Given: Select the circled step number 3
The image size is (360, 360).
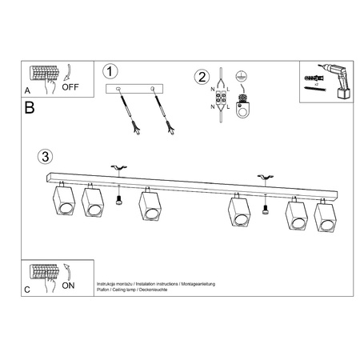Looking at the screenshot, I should click(x=46, y=155).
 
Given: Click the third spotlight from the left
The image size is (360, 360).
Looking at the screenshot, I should click(x=149, y=206).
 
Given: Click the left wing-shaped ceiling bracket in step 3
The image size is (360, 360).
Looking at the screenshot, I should click(x=118, y=166).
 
